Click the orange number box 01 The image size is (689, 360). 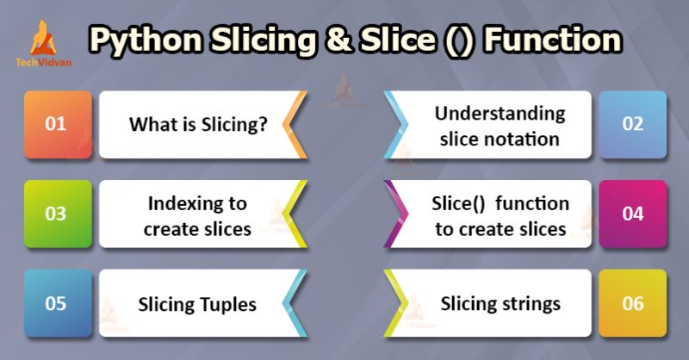point(56,124)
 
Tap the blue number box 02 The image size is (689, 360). point(632,124)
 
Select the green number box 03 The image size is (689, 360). point(56,214)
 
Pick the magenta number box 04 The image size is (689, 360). point(632,214)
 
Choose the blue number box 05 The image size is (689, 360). point(56,304)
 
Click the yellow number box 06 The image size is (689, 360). point(632,304)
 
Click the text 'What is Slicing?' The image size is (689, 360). point(197,125)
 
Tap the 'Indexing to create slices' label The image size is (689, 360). point(197,215)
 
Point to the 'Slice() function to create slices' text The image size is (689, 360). point(500,215)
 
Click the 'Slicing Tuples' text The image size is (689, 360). point(197,304)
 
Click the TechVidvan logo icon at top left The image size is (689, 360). point(40,37)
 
